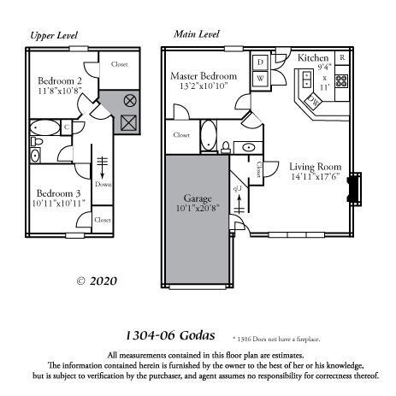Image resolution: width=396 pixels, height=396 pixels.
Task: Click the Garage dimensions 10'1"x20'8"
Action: tap(198, 207)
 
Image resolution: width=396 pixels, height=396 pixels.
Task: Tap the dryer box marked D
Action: tap(260, 62)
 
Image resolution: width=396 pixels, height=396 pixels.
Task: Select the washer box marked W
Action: tap(260, 79)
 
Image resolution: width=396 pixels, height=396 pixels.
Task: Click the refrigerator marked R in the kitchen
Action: tap(341, 58)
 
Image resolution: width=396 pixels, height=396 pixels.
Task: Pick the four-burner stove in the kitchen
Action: tap(341, 82)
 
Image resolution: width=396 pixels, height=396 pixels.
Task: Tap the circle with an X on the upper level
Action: tap(130, 100)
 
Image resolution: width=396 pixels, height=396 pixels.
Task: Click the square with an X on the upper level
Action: tap(129, 123)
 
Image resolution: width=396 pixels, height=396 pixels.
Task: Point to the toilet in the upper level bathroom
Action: tap(36, 156)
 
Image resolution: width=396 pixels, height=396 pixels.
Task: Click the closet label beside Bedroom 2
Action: tap(119, 63)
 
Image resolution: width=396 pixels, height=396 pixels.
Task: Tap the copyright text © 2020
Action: tap(96, 280)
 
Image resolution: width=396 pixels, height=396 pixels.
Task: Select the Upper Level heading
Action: tap(54, 35)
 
